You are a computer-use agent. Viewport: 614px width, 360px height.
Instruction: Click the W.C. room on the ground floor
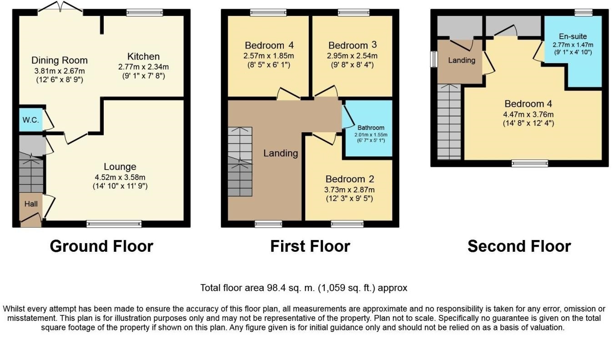pos(31,120)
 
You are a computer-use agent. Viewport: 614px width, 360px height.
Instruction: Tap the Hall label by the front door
pos(31,204)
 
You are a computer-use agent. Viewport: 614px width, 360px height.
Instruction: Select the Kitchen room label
pos(143,56)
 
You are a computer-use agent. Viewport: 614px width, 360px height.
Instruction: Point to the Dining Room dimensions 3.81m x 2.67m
pos(60,71)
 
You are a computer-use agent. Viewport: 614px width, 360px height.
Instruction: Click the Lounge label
pos(120,166)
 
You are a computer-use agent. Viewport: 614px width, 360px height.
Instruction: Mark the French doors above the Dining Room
pos(60,7)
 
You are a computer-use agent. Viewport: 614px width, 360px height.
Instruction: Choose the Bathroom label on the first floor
pos(371,128)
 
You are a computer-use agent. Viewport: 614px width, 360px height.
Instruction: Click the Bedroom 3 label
pos(352,45)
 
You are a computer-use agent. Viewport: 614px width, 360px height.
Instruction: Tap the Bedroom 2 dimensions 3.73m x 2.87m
pos(349,190)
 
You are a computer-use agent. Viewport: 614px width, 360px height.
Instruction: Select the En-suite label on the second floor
pos(573,36)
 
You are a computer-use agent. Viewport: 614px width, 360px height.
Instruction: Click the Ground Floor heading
pos(101,246)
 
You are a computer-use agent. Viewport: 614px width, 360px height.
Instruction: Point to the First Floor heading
pos(310,246)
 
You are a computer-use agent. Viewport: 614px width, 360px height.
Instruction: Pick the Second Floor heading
pos(519,246)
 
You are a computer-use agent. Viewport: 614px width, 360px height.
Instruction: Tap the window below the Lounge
pos(114,224)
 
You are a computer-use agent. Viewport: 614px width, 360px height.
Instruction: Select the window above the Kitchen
pos(145,13)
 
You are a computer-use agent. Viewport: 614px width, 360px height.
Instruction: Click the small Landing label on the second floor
pos(462,60)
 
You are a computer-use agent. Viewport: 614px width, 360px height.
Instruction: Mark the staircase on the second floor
pos(449,122)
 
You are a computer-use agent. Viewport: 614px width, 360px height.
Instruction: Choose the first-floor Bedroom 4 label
pos(269,45)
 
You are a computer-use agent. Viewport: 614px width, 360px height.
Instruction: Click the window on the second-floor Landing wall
pos(433,59)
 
